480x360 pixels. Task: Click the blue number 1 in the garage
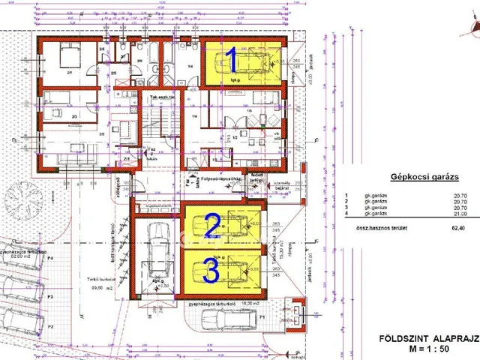(x=232, y=58)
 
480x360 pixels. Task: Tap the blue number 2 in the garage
(x=212, y=225)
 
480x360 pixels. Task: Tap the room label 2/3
(x=73, y=117)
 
